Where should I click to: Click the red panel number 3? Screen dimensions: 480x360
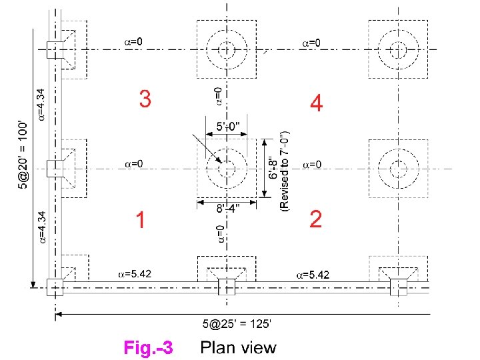point(145,99)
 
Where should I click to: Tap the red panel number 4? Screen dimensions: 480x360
point(316,103)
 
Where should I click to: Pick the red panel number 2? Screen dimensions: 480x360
point(316,219)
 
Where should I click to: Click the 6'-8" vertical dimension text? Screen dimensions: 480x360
point(274,167)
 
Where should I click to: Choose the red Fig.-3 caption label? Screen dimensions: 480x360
point(148,347)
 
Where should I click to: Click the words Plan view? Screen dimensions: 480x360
point(238,347)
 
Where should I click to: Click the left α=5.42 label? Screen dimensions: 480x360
point(133,273)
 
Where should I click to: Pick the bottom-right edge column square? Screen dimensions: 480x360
point(399,287)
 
